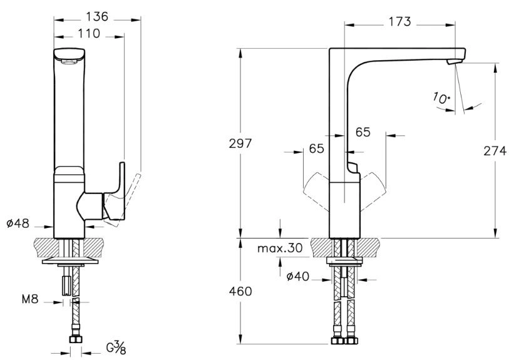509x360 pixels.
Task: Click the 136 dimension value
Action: (x=97, y=16)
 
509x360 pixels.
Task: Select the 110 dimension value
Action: (x=89, y=33)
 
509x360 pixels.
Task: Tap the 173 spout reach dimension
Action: (x=399, y=21)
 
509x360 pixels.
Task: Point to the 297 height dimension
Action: (x=240, y=143)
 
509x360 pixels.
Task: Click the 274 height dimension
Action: (x=495, y=151)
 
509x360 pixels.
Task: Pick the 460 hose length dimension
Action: (x=240, y=292)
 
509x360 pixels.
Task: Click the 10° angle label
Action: (x=441, y=98)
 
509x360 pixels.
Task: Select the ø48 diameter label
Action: (x=18, y=224)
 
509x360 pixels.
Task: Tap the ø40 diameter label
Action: (x=297, y=277)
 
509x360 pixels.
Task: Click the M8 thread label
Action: (x=30, y=299)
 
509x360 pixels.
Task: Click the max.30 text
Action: (x=280, y=249)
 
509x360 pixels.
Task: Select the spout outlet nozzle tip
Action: (x=455, y=61)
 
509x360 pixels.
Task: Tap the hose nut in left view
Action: (x=76, y=339)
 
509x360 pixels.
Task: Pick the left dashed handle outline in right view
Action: (x=316, y=192)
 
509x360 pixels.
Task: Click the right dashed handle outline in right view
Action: (x=373, y=192)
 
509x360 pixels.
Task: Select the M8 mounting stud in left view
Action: (x=66, y=285)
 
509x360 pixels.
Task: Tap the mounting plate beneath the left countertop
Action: (x=69, y=261)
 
